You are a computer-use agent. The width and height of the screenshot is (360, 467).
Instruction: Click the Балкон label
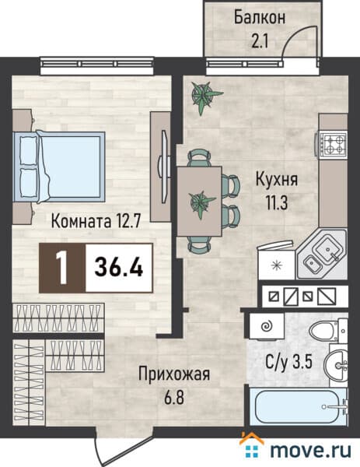click(x=260, y=16)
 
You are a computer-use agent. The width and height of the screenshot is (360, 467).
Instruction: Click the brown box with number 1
click(x=61, y=267)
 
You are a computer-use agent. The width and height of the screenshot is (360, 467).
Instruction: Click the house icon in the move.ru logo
click(x=253, y=447)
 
